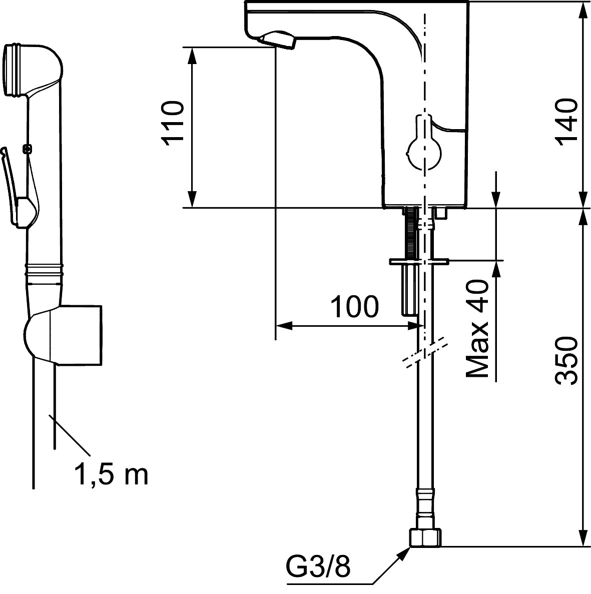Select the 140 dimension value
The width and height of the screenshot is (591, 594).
point(566,122)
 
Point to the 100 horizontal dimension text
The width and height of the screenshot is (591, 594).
point(355,307)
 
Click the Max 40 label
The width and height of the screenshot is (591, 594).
point(477,328)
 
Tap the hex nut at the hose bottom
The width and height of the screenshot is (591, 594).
point(425,538)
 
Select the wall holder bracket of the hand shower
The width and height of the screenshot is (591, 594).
point(75,334)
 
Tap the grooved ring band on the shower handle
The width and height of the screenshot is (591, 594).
point(45,270)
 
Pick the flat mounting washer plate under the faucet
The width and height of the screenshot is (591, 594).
point(419,261)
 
